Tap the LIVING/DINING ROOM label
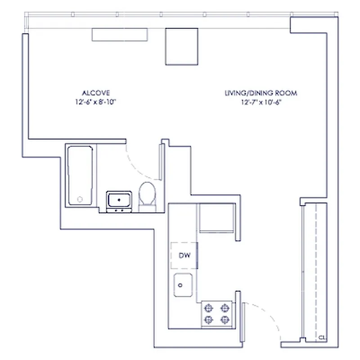pos(261,93)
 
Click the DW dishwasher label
pos(184,256)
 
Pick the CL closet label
pos(321,337)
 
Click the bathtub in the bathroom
pos(80,175)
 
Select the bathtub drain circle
pos(81,199)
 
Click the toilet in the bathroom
pos(147,196)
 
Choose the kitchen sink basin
pos(184,284)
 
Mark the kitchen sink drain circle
pos(180,284)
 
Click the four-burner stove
pos(216,314)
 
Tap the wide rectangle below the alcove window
pos(120,34)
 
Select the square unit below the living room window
pos(182,46)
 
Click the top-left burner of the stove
pos(208,308)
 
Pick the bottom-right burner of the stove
pos(224,319)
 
